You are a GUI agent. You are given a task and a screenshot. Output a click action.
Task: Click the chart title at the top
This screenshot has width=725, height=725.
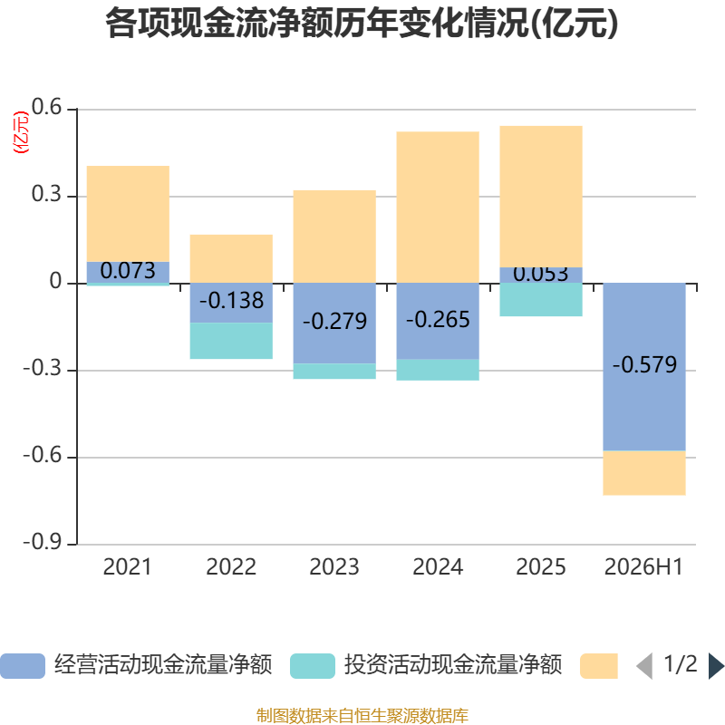click(x=362, y=24)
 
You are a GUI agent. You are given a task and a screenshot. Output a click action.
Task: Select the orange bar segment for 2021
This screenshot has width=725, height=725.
click(x=128, y=214)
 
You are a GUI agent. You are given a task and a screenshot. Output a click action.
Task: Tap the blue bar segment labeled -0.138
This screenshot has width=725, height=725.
click(x=231, y=303)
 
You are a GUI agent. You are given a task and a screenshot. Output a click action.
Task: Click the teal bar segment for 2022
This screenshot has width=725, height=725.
click(x=231, y=341)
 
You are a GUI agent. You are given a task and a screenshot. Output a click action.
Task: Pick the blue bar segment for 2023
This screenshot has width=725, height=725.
click(x=334, y=324)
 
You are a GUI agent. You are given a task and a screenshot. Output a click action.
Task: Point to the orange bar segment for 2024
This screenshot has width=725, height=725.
click(x=438, y=208)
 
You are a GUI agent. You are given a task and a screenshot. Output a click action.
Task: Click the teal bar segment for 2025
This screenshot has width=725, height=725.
click(x=541, y=300)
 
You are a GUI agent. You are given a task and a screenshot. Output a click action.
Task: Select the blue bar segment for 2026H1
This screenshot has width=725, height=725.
click(x=644, y=367)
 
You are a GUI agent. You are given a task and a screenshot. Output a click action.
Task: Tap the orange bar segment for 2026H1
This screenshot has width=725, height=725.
click(x=644, y=473)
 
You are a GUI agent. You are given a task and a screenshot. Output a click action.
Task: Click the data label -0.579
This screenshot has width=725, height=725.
click(x=644, y=364)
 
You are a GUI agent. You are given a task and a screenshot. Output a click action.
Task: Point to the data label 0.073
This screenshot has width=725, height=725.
click(x=128, y=270)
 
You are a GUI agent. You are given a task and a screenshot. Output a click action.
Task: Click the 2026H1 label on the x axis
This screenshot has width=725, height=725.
click(x=643, y=567)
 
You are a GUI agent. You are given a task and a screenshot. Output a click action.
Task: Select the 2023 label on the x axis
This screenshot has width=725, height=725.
click(x=334, y=567)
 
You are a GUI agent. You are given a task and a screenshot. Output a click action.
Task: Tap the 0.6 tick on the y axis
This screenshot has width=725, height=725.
click(x=46, y=107)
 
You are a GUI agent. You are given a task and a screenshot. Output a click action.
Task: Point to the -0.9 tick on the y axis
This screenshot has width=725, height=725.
click(x=42, y=542)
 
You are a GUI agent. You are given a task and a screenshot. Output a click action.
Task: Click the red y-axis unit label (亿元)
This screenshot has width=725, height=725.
click(x=21, y=132)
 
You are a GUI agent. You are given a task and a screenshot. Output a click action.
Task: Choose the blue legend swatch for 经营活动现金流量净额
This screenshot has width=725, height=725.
click(x=23, y=666)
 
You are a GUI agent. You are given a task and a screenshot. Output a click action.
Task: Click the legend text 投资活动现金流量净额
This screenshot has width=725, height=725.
click(x=453, y=665)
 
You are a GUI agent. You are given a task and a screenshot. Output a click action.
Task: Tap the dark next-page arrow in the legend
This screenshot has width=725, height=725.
click(x=716, y=666)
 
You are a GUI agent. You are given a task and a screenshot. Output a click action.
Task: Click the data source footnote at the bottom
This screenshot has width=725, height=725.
click(x=362, y=715)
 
